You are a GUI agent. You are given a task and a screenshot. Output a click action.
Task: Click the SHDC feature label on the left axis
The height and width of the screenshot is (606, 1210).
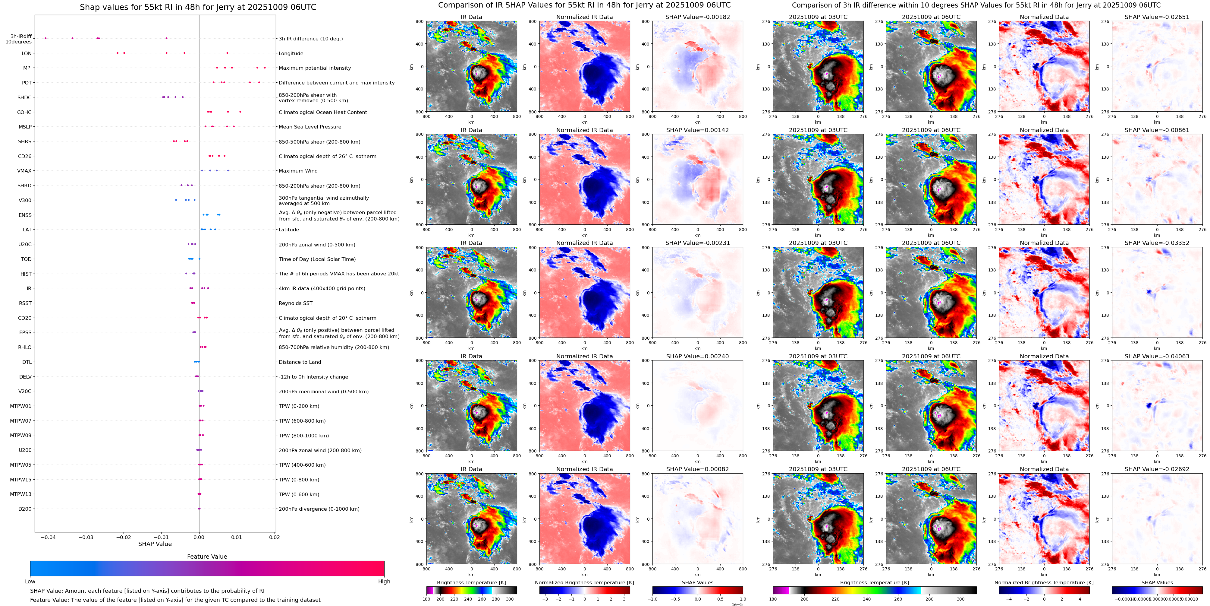click(24, 98)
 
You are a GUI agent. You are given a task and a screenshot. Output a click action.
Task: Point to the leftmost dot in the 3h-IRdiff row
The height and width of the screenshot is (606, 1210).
click(46, 38)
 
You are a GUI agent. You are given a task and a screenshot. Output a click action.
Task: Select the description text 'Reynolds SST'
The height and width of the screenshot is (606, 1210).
click(295, 303)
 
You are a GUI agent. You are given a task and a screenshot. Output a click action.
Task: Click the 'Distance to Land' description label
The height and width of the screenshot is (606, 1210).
click(300, 362)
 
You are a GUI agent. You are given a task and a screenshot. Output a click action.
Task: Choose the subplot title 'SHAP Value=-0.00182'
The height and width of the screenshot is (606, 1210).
click(697, 17)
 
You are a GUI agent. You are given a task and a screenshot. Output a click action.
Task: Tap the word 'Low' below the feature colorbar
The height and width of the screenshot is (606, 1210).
click(30, 582)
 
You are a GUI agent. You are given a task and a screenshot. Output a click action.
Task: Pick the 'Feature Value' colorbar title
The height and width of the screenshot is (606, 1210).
click(207, 557)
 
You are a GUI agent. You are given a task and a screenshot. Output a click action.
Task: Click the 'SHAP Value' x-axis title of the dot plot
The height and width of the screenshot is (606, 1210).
click(155, 544)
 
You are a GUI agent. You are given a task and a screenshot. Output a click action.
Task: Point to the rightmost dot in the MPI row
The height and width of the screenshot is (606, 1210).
click(265, 68)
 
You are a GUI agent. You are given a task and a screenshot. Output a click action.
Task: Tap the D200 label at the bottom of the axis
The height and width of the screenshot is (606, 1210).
click(25, 509)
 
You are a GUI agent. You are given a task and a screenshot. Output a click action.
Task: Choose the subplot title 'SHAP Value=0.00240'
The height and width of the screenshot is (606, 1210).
click(697, 356)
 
